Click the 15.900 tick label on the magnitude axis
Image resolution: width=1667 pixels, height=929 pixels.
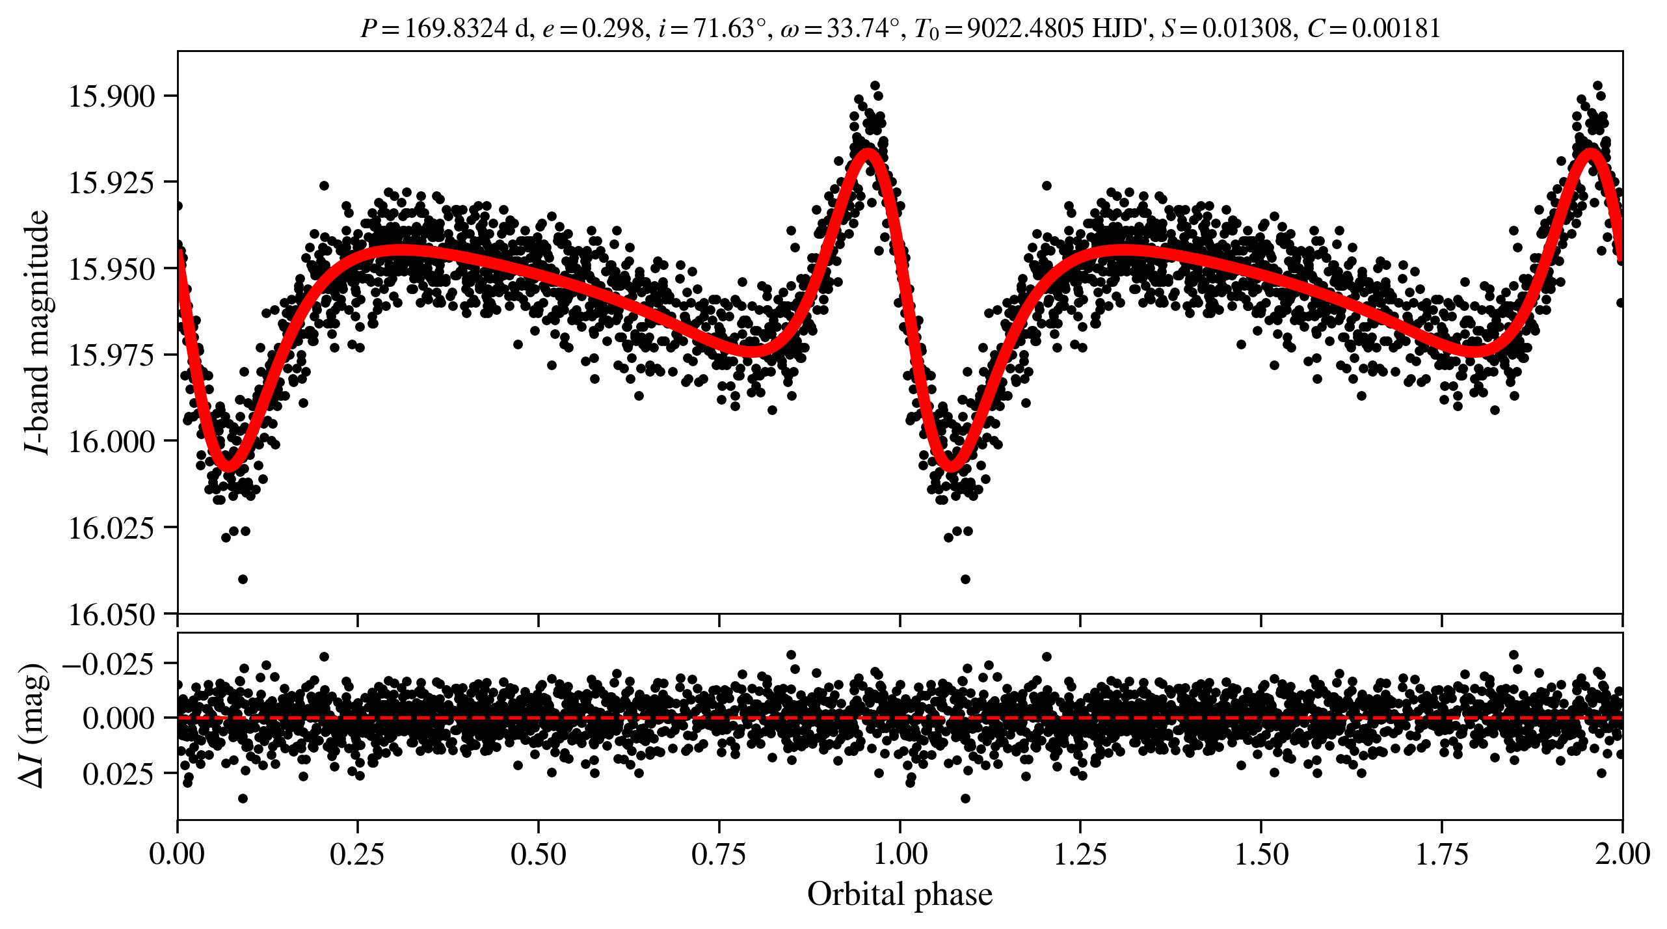pyautogui.click(x=111, y=96)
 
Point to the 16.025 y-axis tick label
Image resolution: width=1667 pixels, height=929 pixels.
pyautogui.click(x=111, y=528)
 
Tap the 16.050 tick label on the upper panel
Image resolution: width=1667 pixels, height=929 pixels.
pyautogui.click(x=111, y=614)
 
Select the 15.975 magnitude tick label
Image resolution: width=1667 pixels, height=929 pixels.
pyautogui.click(x=111, y=355)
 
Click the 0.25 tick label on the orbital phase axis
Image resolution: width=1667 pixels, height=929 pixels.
pyautogui.click(x=357, y=854)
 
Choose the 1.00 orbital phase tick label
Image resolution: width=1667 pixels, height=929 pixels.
pyautogui.click(x=900, y=854)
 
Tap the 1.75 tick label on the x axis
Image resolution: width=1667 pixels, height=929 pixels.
pyautogui.click(x=1442, y=854)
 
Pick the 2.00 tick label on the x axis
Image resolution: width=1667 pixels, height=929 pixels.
pyautogui.click(x=1622, y=854)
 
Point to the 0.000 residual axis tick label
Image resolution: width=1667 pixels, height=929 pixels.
pyautogui.click(x=118, y=718)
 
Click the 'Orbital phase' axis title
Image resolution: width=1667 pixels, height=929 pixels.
pyautogui.click(x=900, y=895)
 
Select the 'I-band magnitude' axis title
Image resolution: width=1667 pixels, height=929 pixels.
pyautogui.click(x=37, y=332)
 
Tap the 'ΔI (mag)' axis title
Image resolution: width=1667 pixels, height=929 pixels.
pyautogui.click(x=34, y=725)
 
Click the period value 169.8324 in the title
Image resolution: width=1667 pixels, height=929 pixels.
pyautogui.click(x=455, y=29)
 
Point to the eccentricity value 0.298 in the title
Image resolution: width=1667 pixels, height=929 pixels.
pyautogui.click(x=612, y=29)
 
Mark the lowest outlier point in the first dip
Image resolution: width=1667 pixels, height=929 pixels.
pyautogui.click(x=243, y=579)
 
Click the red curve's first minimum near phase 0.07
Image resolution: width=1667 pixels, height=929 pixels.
pyautogui.click(x=228, y=466)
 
